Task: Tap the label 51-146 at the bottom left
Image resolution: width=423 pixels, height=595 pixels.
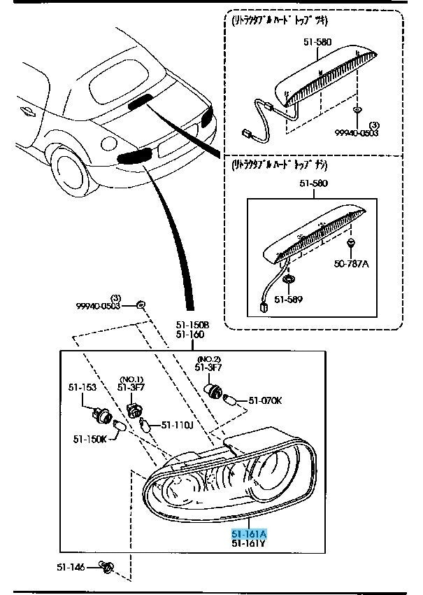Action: (70, 566)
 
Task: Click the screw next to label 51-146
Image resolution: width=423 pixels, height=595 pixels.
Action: (106, 566)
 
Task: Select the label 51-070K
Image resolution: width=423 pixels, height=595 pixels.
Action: (265, 401)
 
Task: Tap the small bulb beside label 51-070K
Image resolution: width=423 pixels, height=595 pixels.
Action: (231, 400)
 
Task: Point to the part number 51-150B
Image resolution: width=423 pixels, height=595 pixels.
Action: (192, 325)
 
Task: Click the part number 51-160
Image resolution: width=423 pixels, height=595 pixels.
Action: (190, 335)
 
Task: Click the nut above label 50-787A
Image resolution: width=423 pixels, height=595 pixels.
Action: (351, 244)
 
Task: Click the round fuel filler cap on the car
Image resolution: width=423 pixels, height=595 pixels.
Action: (108, 143)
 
